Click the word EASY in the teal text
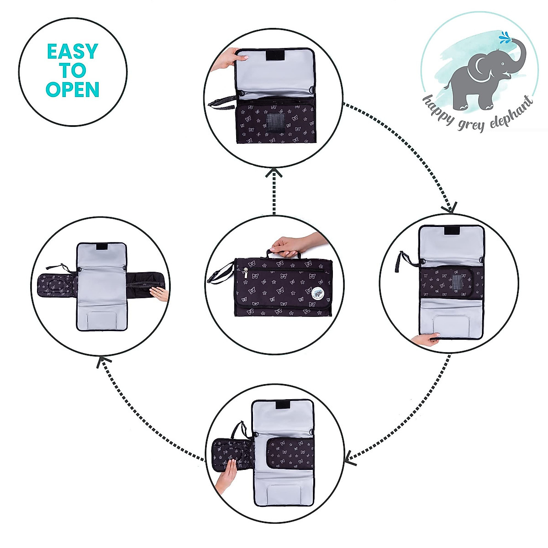click(72, 52)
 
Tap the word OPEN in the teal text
click(72, 89)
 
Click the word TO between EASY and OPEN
click(72, 70)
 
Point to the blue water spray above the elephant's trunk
click(504, 37)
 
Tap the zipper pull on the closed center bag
click(245, 274)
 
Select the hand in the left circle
click(160, 294)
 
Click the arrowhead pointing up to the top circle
click(274, 173)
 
